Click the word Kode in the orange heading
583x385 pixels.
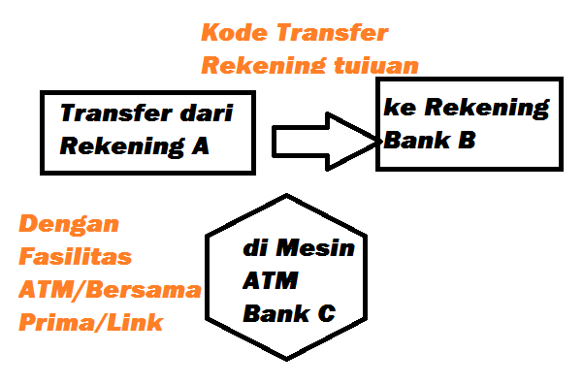coord(229,33)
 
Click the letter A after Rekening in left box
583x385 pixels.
coord(200,146)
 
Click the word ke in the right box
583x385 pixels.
coord(395,108)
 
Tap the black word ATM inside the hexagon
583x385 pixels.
coord(271,281)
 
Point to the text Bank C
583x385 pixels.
coord(289,313)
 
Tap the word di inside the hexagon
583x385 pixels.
coord(254,249)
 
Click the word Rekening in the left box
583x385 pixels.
coord(123,146)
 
